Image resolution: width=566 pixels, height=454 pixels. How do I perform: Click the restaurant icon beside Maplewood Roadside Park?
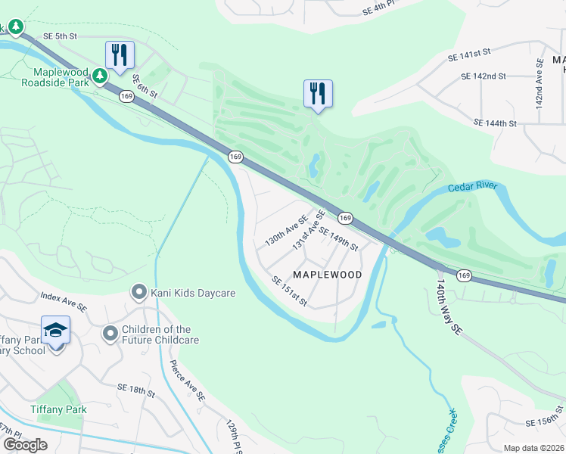pyautogui.click(x=120, y=55)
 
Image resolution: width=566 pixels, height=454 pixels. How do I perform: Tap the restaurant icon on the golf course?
pyautogui.click(x=318, y=94)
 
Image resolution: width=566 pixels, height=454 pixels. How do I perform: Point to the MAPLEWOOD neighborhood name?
pyautogui.click(x=327, y=274)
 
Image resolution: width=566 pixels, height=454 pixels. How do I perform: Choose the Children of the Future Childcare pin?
pyautogui.click(x=110, y=333)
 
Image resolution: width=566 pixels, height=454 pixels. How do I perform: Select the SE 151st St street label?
pyautogui.click(x=290, y=291)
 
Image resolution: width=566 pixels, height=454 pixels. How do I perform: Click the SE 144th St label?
pyautogui.click(x=496, y=123)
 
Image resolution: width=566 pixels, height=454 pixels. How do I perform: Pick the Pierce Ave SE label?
pyautogui.click(x=189, y=385)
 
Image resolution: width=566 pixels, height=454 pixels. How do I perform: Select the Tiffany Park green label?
pyautogui.click(x=58, y=409)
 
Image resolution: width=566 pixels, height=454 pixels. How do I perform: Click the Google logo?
pyautogui.click(x=25, y=445)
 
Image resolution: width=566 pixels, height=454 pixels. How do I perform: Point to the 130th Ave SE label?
pyautogui.click(x=285, y=231)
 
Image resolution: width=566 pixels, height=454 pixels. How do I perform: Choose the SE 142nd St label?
pyautogui.click(x=484, y=76)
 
